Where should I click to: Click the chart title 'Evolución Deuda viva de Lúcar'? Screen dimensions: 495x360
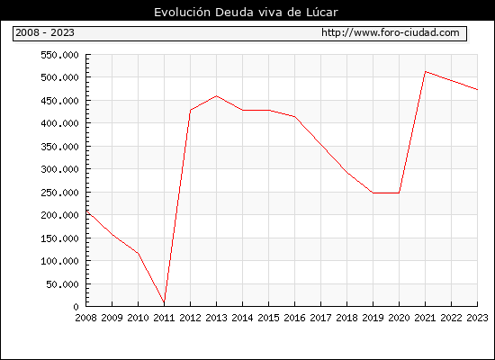[246, 13]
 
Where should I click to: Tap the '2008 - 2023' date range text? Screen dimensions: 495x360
[45, 32]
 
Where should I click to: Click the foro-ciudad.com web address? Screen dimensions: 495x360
[391, 32]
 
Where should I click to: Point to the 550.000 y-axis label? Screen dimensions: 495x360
[59, 55]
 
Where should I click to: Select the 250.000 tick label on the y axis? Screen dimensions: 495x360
[59, 193]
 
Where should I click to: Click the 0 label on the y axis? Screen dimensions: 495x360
[76, 307]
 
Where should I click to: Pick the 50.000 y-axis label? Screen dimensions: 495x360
[62, 284]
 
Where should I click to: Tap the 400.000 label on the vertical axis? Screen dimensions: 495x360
[59, 123]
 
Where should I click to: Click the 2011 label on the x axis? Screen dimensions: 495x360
[164, 318]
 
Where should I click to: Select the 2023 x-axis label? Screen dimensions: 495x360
[477, 318]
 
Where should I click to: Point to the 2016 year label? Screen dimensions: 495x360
[294, 318]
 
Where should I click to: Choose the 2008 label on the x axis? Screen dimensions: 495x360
[85, 318]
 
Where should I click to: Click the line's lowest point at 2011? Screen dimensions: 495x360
[164, 302]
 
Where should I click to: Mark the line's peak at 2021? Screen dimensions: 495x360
[425, 72]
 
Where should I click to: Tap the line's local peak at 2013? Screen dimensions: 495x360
[217, 96]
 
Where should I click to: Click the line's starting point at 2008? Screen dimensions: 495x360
[86, 211]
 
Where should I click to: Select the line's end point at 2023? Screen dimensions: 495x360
[477, 90]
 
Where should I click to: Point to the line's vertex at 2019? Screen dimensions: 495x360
[373, 193]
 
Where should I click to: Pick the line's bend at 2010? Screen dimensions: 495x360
[139, 253]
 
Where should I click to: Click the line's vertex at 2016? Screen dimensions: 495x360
[295, 117]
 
